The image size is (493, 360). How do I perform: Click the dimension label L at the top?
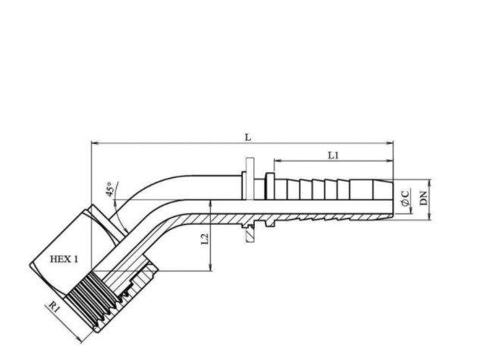tap(248, 137)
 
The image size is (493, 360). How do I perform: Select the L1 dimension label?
tap(333, 155)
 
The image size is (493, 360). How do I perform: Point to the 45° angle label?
tap(109, 189)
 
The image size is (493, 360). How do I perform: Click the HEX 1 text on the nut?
tap(64, 259)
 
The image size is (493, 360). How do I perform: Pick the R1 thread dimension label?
tap(54, 307)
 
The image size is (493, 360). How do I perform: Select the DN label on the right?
tap(424, 198)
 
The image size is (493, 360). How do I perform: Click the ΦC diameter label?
tap(406, 198)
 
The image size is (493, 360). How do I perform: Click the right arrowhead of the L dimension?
tap(390, 143)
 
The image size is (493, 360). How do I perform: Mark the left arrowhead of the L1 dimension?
tap(278, 161)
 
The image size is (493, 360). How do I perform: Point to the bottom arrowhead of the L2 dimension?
tap(210, 267)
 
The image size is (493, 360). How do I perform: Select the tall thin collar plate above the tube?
tap(250, 178)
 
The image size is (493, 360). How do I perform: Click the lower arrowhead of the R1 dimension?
tap(80, 339)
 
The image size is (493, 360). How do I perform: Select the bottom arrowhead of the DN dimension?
tap(429, 217)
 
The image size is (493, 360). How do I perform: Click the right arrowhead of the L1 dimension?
tap(390, 161)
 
